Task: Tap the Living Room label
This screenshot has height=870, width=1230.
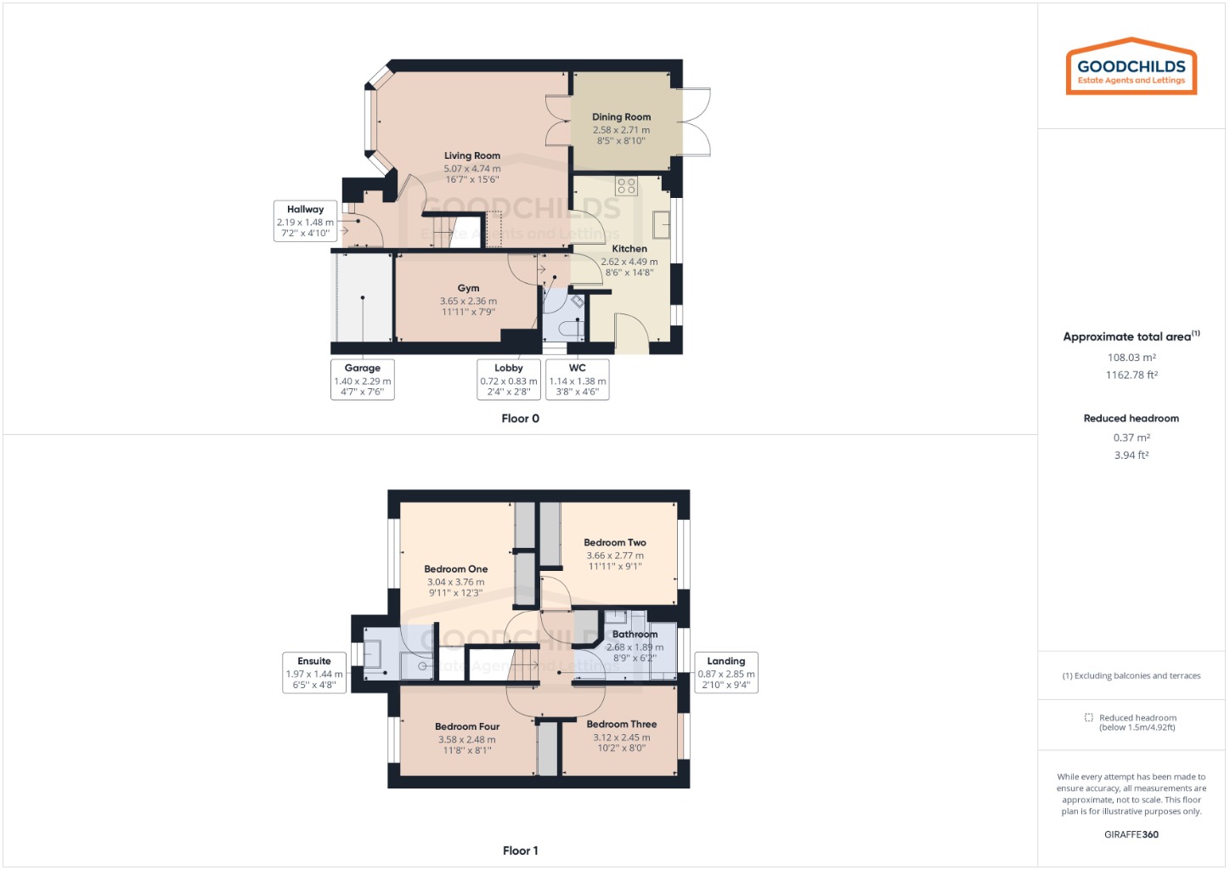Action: pyautogui.click(x=471, y=156)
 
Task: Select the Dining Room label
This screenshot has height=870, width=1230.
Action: pyautogui.click(x=621, y=117)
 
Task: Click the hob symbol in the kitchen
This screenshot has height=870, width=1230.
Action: pyautogui.click(x=627, y=186)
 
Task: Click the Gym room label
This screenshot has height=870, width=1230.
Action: pyautogui.click(x=468, y=289)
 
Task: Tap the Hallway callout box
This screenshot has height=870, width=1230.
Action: pyautogui.click(x=305, y=221)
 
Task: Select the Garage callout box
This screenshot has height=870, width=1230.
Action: pyautogui.click(x=362, y=379)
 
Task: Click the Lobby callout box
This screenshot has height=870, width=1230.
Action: pyautogui.click(x=508, y=379)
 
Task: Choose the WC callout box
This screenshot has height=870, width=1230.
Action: pyautogui.click(x=577, y=379)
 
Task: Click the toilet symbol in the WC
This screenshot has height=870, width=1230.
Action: pyautogui.click(x=571, y=327)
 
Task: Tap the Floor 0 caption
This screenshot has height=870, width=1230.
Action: pyautogui.click(x=520, y=419)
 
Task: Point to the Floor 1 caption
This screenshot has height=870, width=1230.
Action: pyautogui.click(x=520, y=850)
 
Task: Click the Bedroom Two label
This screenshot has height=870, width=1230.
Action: pyautogui.click(x=615, y=543)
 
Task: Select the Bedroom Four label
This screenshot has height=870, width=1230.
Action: pyautogui.click(x=467, y=727)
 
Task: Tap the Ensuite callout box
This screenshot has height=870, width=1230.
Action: pyautogui.click(x=314, y=672)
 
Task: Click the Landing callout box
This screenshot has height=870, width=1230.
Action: pyautogui.click(x=725, y=672)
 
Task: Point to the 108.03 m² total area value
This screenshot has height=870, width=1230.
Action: pyautogui.click(x=1131, y=358)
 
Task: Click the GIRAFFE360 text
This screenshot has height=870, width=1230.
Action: pyautogui.click(x=1131, y=834)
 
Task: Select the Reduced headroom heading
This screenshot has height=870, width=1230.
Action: pyautogui.click(x=1131, y=418)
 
